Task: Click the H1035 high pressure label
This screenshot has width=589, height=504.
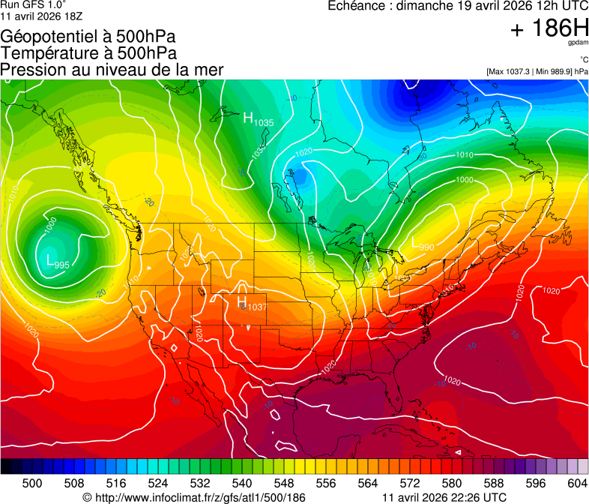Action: [x=258, y=118]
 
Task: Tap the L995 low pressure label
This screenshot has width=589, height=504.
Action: [x=58, y=262]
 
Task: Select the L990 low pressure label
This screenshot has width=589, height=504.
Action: [x=423, y=244]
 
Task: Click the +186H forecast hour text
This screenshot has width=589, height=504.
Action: [x=549, y=29]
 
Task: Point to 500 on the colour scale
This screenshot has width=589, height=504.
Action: [x=32, y=483]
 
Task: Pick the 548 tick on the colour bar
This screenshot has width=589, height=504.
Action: [x=283, y=483]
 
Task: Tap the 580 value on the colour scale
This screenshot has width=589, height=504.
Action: [x=451, y=483]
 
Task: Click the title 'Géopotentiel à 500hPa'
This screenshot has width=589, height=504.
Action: [x=89, y=36]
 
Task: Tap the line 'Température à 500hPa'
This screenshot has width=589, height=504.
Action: [x=89, y=52]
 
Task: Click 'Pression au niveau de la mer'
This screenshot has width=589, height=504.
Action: [x=112, y=70]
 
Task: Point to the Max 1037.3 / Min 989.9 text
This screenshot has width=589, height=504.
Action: [x=537, y=71]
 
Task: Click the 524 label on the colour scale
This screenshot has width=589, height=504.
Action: [x=157, y=483]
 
